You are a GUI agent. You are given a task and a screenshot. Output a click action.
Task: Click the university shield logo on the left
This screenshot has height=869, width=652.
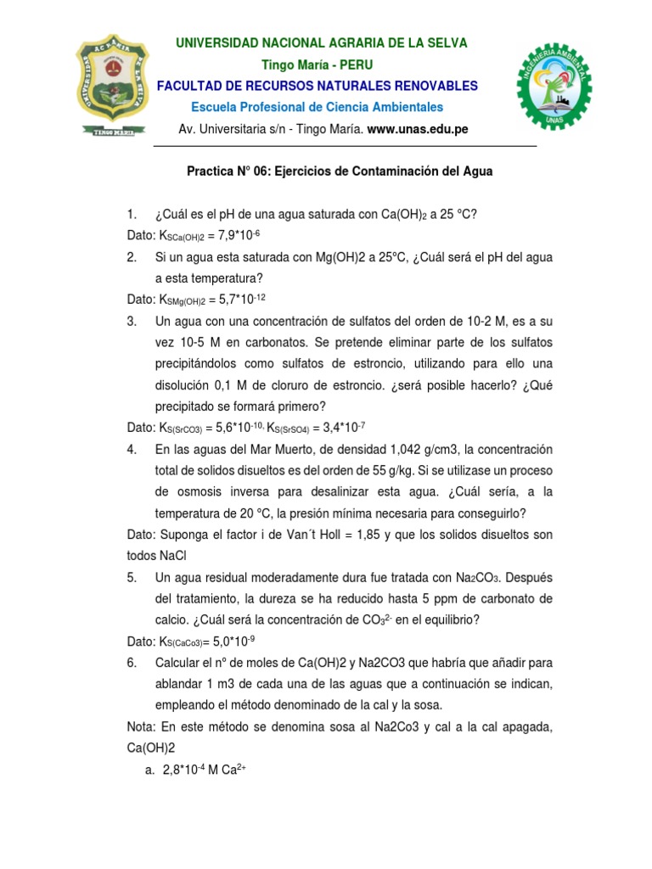pos(115,86)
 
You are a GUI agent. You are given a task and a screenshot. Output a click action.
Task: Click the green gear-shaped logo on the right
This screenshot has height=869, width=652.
pos(554,86)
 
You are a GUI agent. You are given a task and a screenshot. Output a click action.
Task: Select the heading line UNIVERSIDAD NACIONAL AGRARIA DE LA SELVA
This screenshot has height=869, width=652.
pos(321,43)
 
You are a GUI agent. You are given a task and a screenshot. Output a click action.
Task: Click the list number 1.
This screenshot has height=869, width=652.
pos(132,215)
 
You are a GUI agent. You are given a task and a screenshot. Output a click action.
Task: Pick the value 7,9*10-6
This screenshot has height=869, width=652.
pos(246,235)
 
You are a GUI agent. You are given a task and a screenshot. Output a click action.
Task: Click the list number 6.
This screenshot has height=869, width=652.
pos(132,662)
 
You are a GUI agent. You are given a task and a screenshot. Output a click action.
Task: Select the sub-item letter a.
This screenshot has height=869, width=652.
pos(149,770)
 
